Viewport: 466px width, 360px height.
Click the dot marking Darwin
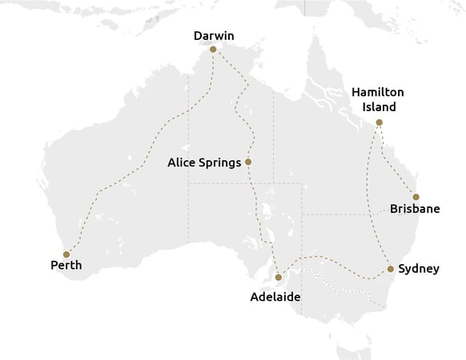tap(213, 50)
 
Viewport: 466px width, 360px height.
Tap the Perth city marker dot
tap(66, 254)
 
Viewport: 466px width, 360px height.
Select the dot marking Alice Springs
tap(248, 162)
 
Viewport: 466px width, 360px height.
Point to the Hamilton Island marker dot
tap(380, 122)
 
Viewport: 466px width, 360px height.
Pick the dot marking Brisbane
tap(416, 197)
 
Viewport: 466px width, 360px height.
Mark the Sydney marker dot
tap(390, 269)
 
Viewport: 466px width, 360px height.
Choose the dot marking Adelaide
tap(279, 278)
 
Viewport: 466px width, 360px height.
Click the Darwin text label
tap(214, 35)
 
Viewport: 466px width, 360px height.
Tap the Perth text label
tap(66, 266)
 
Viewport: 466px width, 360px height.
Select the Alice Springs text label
tap(204, 162)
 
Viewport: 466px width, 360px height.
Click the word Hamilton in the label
tap(379, 92)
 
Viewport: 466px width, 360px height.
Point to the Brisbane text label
tap(415, 210)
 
